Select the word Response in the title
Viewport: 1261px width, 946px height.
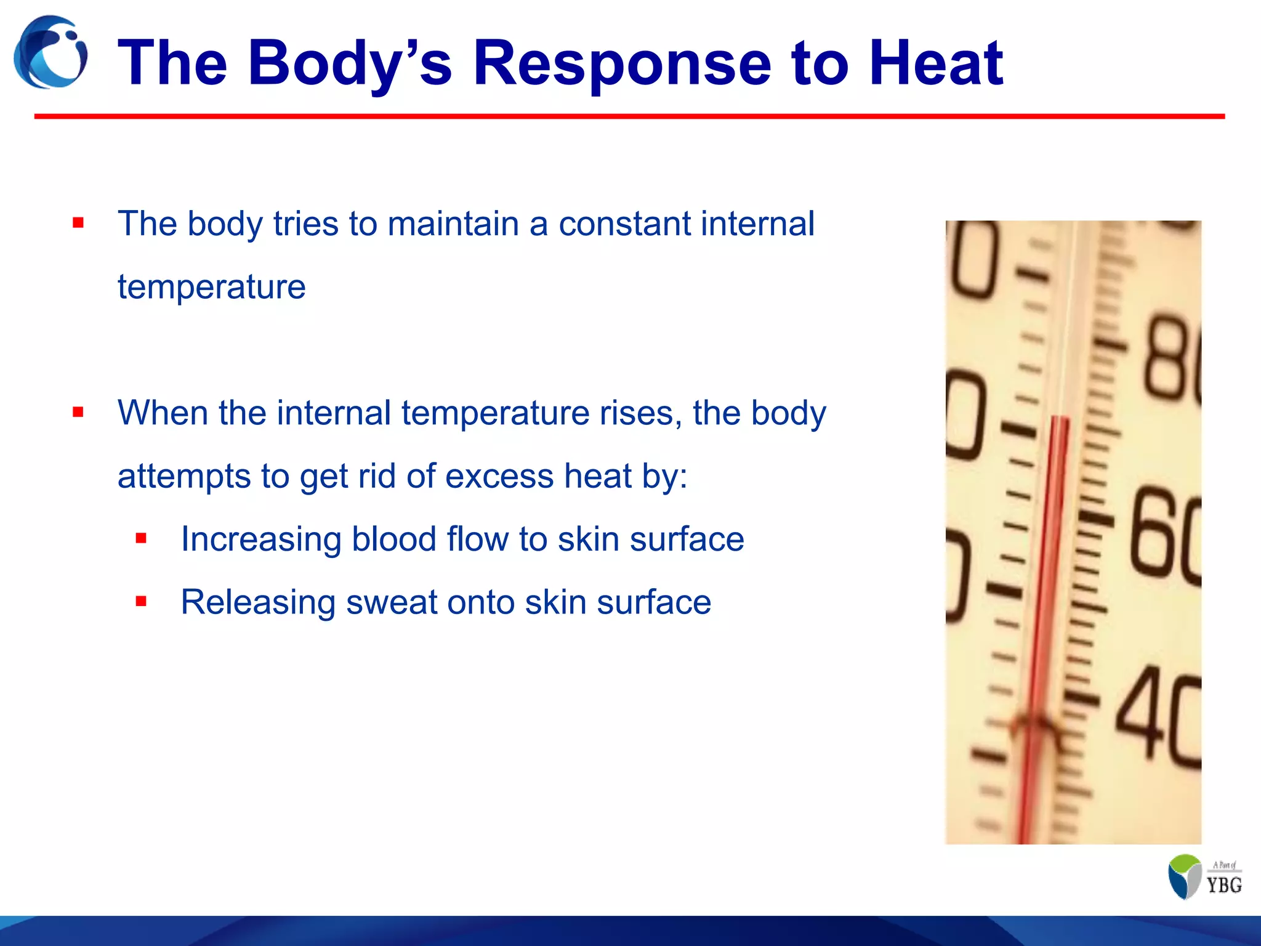point(622,63)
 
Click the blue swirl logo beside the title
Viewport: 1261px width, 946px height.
point(50,53)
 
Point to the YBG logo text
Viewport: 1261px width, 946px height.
point(1224,884)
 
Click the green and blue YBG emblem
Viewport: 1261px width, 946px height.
point(1185,876)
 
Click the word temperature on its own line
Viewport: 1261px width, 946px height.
point(211,287)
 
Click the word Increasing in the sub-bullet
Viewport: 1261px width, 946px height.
point(260,539)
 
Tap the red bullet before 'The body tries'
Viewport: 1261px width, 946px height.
point(78,223)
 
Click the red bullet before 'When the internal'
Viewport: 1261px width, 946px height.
point(78,412)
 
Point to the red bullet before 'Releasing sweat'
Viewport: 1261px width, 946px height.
point(141,601)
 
